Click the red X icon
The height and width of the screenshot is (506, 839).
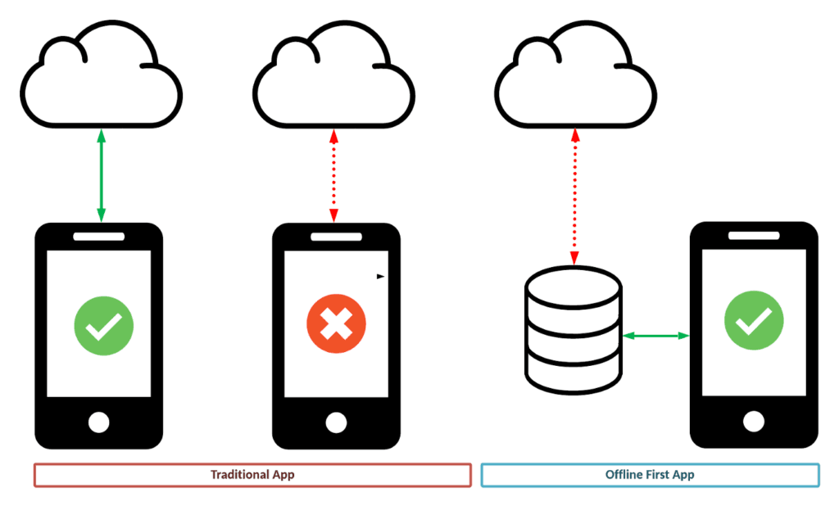[x=336, y=326]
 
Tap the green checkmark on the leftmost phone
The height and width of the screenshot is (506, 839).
[x=104, y=326]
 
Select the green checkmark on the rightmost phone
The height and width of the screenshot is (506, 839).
[x=754, y=320]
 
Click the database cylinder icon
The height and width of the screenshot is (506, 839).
[x=574, y=329]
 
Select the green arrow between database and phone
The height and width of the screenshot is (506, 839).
[x=655, y=335]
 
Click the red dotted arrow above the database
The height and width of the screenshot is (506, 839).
[x=574, y=197]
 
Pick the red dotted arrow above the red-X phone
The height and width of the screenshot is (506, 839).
[x=333, y=175]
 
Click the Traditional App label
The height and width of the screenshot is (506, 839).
[x=252, y=475]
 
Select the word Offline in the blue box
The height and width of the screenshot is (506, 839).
[x=624, y=475]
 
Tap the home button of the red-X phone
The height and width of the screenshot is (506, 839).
[x=336, y=422]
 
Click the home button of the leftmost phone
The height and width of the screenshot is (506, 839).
[x=98, y=422]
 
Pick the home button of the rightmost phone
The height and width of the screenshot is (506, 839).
[x=754, y=421]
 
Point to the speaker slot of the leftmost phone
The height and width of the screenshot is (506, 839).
[x=98, y=237]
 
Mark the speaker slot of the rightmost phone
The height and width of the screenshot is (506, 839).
[x=754, y=236]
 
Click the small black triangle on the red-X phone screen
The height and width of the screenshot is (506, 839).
[x=380, y=277]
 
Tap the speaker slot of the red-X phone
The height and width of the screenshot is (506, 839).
[x=336, y=237]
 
